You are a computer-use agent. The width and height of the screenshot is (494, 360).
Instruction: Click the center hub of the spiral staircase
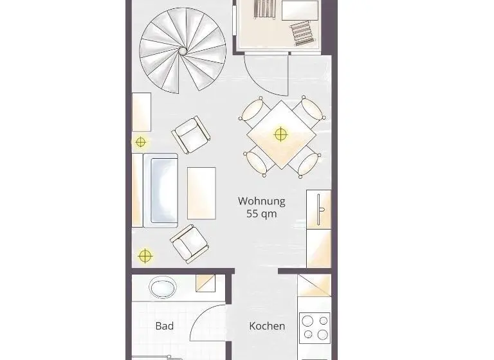pyautogui.click(x=183, y=51)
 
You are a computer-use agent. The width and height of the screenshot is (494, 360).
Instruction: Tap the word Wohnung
pyautogui.click(x=262, y=201)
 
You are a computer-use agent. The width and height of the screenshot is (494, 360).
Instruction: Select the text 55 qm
pyautogui.click(x=262, y=213)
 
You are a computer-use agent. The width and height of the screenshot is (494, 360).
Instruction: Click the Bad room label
pyautogui.click(x=165, y=326)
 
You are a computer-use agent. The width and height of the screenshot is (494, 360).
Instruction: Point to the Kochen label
pyautogui.click(x=267, y=326)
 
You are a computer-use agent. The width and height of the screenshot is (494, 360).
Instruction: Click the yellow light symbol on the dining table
pyautogui.click(x=280, y=134)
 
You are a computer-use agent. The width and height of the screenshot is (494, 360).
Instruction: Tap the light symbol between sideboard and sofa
pyautogui.click(x=140, y=142)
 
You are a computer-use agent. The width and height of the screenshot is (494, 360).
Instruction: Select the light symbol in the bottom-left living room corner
pyautogui.click(x=145, y=256)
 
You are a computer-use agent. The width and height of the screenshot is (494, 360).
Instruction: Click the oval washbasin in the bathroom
pyautogui.click(x=163, y=287)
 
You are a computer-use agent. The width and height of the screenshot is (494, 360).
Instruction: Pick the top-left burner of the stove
pyautogui.click(x=307, y=321)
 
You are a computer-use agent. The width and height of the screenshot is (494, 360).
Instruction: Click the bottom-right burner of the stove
pyautogui.click(x=323, y=334)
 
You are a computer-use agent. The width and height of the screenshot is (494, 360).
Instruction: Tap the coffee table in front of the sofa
pyautogui.click(x=201, y=193)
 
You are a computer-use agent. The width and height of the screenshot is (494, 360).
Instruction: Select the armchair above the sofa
pyautogui.click(x=191, y=134)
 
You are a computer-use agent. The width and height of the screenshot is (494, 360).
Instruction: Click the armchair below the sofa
pyautogui.click(x=189, y=244)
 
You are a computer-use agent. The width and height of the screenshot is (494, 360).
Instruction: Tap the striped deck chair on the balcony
pyautogui.click(x=303, y=33)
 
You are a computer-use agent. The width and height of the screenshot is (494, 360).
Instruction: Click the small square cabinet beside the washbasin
pyautogui.click(x=205, y=283)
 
